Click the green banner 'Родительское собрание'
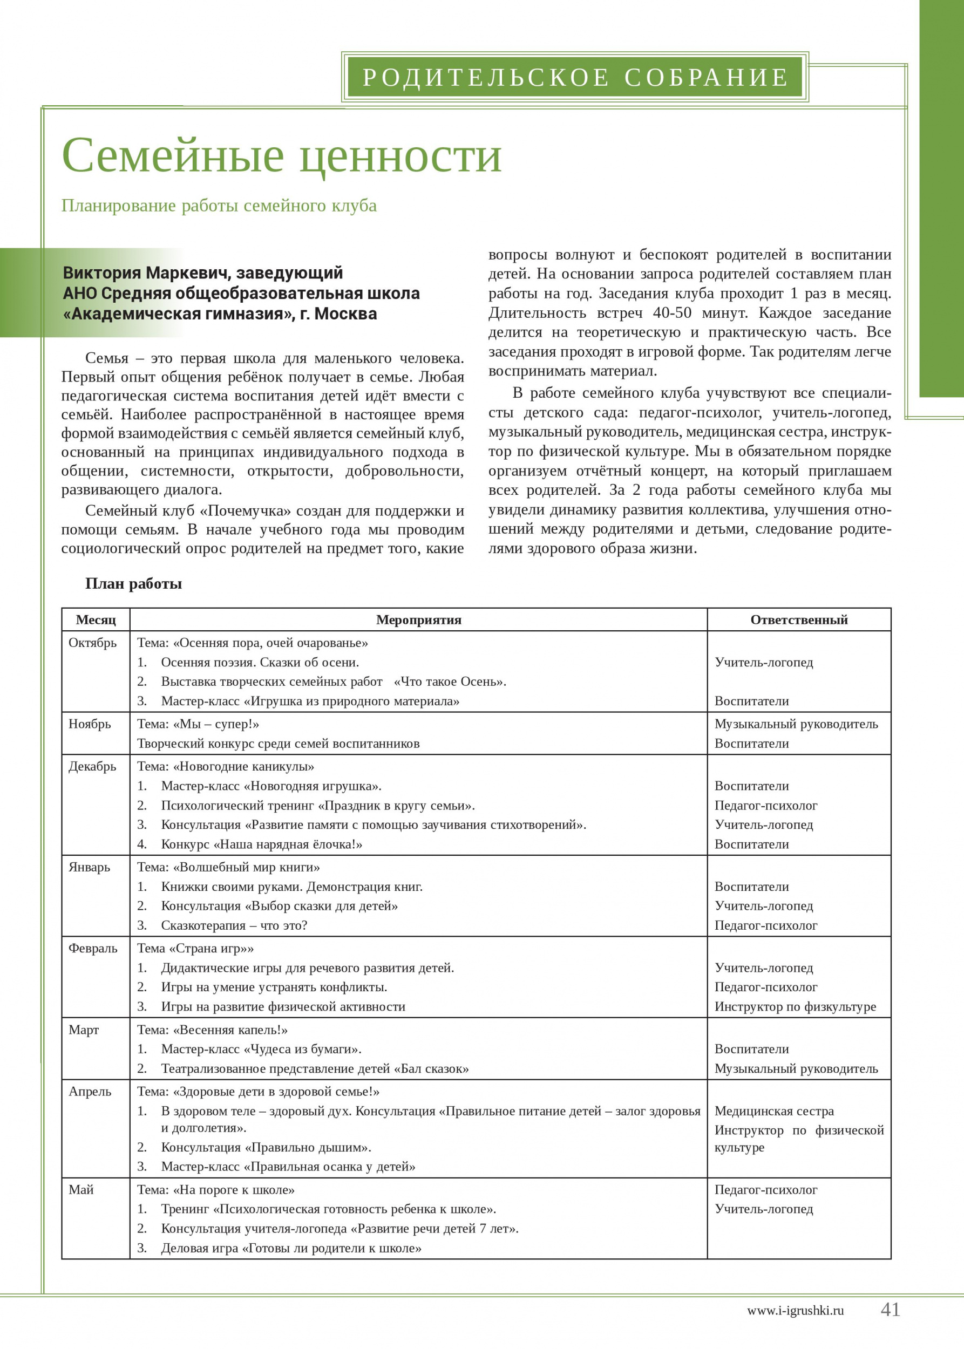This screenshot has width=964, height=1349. (x=575, y=77)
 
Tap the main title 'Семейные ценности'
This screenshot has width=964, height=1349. (x=281, y=155)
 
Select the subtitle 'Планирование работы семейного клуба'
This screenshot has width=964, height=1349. (x=219, y=206)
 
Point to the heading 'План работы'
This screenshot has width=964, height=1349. (x=133, y=583)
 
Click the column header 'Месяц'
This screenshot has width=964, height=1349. (x=96, y=619)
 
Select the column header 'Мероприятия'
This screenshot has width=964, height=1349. (x=418, y=619)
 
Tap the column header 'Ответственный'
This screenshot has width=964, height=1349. (x=799, y=619)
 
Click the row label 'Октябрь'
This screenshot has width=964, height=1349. (x=93, y=643)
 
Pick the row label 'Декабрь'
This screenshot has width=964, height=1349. (x=93, y=766)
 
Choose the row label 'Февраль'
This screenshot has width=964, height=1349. (x=93, y=949)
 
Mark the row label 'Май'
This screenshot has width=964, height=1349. (x=82, y=1189)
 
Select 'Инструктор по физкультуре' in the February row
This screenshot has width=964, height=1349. (x=795, y=1006)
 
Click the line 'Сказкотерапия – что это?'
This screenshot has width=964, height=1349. (x=234, y=925)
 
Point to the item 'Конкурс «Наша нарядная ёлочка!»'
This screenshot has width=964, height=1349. (x=262, y=844)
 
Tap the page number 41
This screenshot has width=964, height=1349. (x=890, y=1309)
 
